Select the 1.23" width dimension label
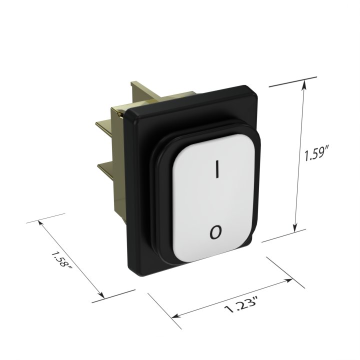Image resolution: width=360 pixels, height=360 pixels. [241, 305]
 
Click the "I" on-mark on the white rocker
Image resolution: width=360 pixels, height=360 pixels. [216, 169]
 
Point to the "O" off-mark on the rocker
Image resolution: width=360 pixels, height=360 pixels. [215, 232]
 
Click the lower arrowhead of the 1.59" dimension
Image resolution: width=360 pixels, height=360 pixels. [295, 228]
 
